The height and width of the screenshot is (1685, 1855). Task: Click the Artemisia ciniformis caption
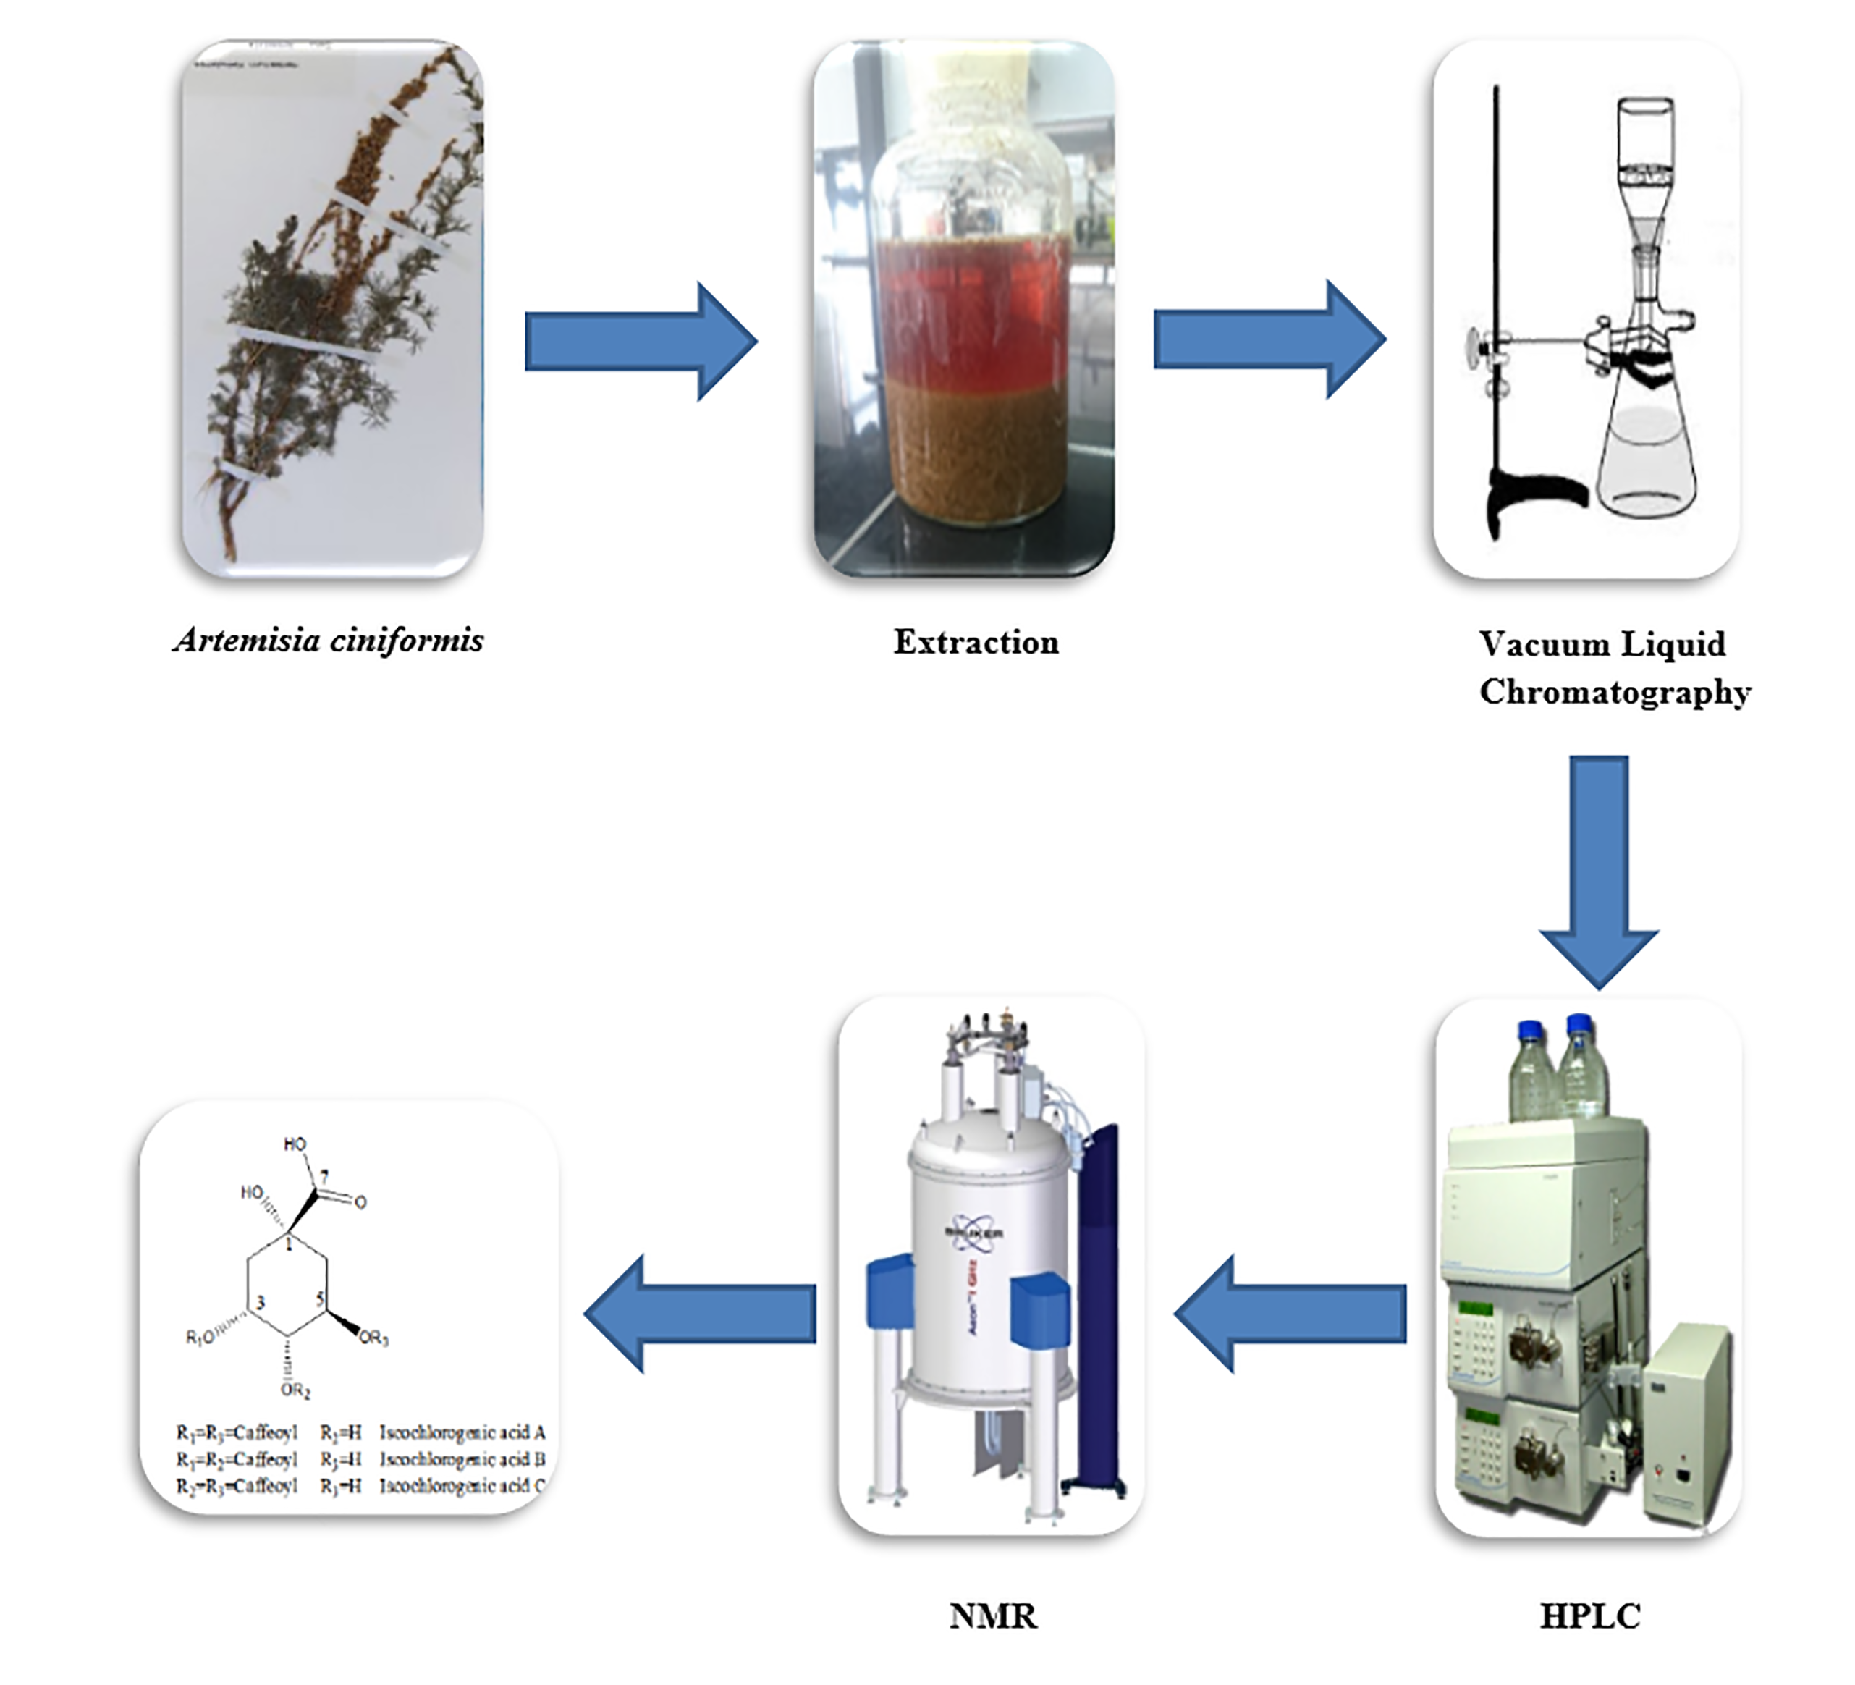328,640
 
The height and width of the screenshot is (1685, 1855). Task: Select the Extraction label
976,642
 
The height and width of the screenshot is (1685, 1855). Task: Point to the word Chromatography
1614,692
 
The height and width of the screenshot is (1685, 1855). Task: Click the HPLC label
1589,1616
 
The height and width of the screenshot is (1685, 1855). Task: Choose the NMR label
993,1616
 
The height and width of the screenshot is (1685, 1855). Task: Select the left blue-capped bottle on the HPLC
1532,1072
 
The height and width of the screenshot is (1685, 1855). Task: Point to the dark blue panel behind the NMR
1096,1306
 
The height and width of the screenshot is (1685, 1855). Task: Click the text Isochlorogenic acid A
462,1433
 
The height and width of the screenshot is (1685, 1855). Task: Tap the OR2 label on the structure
295,1390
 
